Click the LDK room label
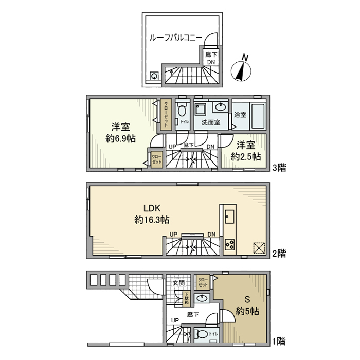[152, 208]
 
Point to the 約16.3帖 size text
[152, 220]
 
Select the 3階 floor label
[278, 167]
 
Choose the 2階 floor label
[278, 253]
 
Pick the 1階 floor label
[278, 340]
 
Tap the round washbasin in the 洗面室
[221, 107]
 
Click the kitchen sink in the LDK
[230, 215]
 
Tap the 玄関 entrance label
[178, 282]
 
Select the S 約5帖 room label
[247, 305]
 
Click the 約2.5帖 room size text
[245, 156]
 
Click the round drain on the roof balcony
[154, 76]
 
